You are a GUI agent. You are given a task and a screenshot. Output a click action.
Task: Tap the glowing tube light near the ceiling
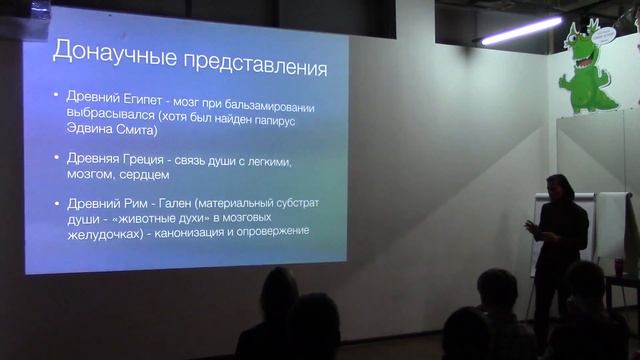click(520, 31)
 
